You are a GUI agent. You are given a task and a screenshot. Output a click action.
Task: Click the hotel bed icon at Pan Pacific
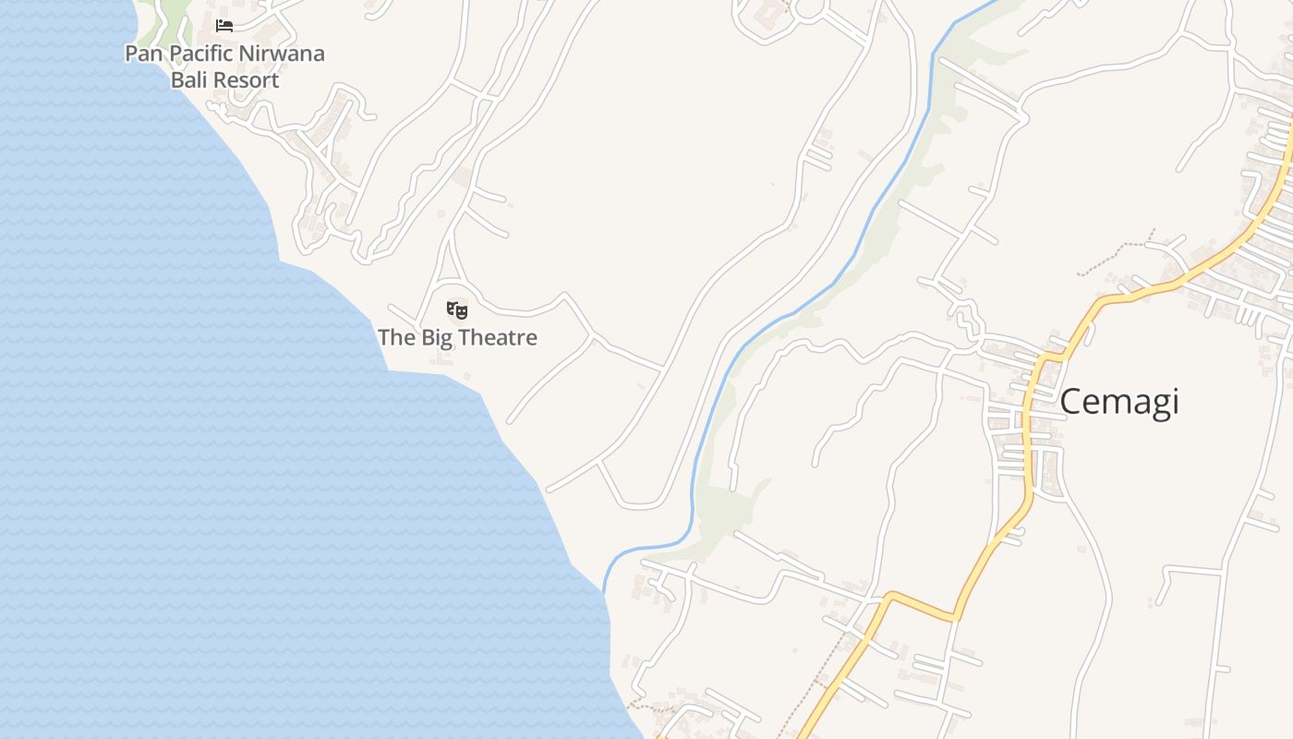pyautogui.click(x=224, y=25)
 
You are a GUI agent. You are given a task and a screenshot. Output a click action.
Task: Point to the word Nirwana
pyautogui.click(x=282, y=54)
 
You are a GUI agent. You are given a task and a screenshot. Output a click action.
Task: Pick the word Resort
pyautogui.click(x=247, y=80)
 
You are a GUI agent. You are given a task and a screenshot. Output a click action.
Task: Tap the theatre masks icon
pyautogui.click(x=457, y=310)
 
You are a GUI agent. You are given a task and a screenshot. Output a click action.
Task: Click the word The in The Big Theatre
pyautogui.click(x=397, y=338)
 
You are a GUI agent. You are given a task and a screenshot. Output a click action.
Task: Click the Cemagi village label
pyautogui.click(x=1118, y=402)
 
